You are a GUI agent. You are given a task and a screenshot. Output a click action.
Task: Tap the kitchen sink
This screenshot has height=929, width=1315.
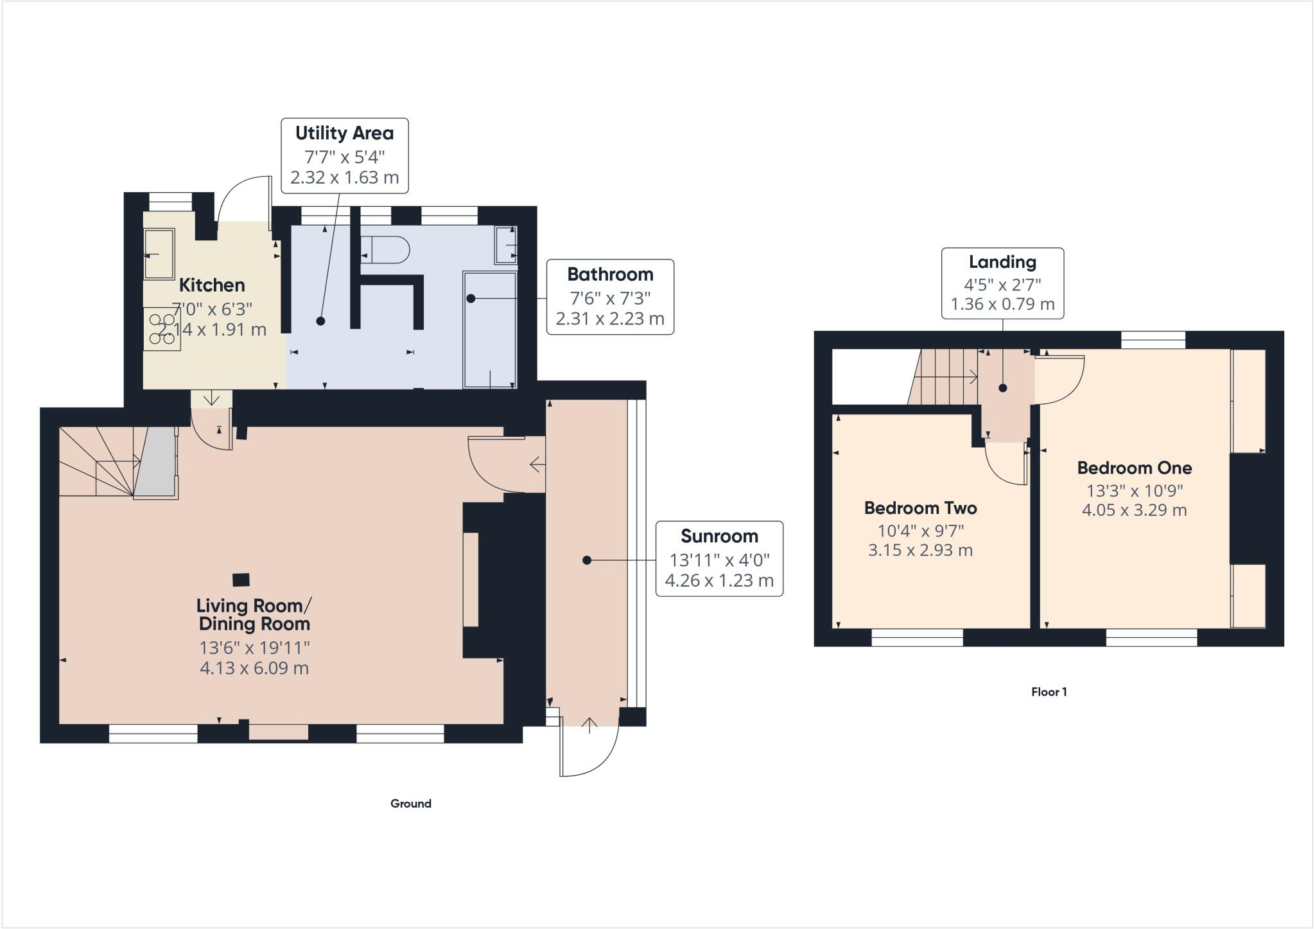[159, 254]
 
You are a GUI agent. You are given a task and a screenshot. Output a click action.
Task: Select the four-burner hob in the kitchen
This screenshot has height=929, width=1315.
[162, 329]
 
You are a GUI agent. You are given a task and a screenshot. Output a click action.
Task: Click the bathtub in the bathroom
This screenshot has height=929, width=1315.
[489, 330]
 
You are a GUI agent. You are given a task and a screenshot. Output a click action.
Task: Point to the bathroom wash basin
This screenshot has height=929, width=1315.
[505, 245]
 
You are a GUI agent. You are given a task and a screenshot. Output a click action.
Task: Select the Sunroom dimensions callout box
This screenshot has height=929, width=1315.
[719, 558]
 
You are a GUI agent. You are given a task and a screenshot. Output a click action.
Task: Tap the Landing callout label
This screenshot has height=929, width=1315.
[1002, 283]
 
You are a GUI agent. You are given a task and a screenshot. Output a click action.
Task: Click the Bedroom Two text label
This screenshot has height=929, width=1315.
[920, 508]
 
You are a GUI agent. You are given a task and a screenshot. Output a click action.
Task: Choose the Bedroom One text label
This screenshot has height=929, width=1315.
[1134, 468]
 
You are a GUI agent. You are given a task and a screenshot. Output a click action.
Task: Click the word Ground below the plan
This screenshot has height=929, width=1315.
[411, 803]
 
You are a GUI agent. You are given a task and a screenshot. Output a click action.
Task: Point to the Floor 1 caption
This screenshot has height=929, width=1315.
[1049, 692]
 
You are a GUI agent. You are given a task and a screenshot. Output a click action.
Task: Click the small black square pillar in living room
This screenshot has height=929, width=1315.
[241, 580]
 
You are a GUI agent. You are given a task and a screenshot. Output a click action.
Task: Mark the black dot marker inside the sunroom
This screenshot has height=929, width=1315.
[586, 560]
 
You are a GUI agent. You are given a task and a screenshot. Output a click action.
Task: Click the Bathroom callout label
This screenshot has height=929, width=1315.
[610, 296]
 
